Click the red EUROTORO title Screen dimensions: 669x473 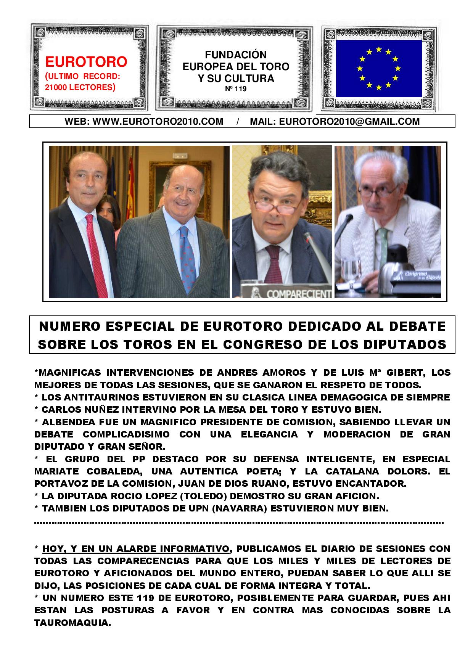click(86, 61)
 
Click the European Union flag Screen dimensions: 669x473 click(378, 69)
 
